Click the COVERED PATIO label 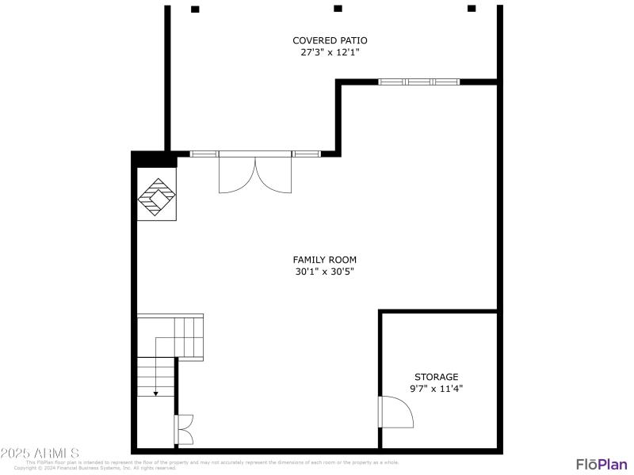click(330, 40)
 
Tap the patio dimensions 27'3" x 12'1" click(330, 53)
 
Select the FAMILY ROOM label click(324, 260)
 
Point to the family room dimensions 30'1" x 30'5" click(324, 272)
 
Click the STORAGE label click(436, 377)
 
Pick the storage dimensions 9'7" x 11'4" click(436, 389)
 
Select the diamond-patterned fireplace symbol click(157, 197)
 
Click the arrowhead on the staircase click(156, 392)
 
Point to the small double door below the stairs click(184, 430)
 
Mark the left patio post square click(195, 9)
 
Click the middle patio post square click(338, 9)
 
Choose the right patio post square click(472, 9)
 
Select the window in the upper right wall click(418, 81)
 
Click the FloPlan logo click(601, 464)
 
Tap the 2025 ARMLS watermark click(40, 454)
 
